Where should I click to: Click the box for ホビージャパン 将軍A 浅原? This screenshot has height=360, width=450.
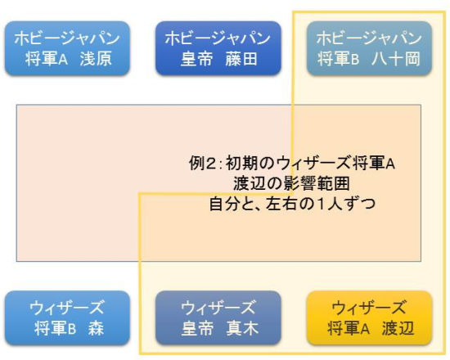coord(67,48)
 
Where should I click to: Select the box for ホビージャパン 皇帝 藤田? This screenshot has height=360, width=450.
coord(218,48)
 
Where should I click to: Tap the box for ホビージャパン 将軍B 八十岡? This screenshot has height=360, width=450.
coord(369,48)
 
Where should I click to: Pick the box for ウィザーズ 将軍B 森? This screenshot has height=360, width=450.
coord(67,317)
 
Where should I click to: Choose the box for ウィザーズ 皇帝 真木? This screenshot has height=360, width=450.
coord(218,317)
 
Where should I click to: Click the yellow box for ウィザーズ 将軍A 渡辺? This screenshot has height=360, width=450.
coord(369,317)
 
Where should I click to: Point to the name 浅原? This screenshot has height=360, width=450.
coord(96,59)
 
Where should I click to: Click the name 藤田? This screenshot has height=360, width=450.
coord(241,59)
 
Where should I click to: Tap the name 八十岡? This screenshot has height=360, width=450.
coord(396,59)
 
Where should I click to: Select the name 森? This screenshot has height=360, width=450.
coord(96,328)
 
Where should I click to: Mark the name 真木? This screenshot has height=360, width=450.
coord(242,328)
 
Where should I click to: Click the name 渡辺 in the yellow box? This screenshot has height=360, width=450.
coord(398,328)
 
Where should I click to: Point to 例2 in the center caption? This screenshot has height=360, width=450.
coord(201,164)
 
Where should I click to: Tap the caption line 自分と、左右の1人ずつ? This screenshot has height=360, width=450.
coord(292,204)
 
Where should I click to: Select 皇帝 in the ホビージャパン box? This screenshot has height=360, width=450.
coord(197,59)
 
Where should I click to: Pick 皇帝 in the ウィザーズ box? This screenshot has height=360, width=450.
coord(198,328)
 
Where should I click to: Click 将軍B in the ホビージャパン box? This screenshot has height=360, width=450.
coord(339,59)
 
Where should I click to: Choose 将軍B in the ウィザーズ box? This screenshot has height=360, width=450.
coord(55,328)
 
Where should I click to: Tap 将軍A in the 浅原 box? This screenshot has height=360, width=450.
coord(46,59)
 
